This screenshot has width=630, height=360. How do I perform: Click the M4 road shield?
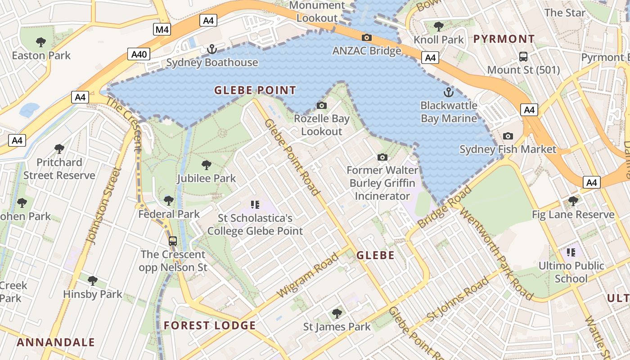point(162,30)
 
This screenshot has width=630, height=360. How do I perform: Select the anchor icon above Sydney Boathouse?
point(211,49)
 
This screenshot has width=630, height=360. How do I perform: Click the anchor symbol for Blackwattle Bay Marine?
point(448,92)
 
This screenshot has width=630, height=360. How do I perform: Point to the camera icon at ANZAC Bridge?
point(367,37)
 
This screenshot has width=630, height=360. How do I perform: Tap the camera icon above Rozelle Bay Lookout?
point(322,105)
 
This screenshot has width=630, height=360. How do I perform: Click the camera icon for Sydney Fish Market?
point(508,136)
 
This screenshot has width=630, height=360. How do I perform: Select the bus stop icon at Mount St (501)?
point(523,57)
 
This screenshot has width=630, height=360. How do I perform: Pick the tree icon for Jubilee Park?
point(207,165)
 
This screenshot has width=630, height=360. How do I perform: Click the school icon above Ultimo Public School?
point(571,252)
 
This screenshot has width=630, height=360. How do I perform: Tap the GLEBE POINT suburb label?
point(255,90)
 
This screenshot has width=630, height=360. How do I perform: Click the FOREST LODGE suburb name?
point(210,325)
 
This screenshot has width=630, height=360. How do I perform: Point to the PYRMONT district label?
point(504,39)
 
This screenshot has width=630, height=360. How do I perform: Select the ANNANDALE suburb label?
point(56,342)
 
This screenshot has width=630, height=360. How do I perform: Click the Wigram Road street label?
point(308,275)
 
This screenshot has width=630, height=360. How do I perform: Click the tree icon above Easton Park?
point(41,42)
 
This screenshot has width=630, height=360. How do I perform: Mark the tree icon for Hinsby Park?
point(93,281)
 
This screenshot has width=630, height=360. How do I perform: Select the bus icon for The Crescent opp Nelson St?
point(173,241)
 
